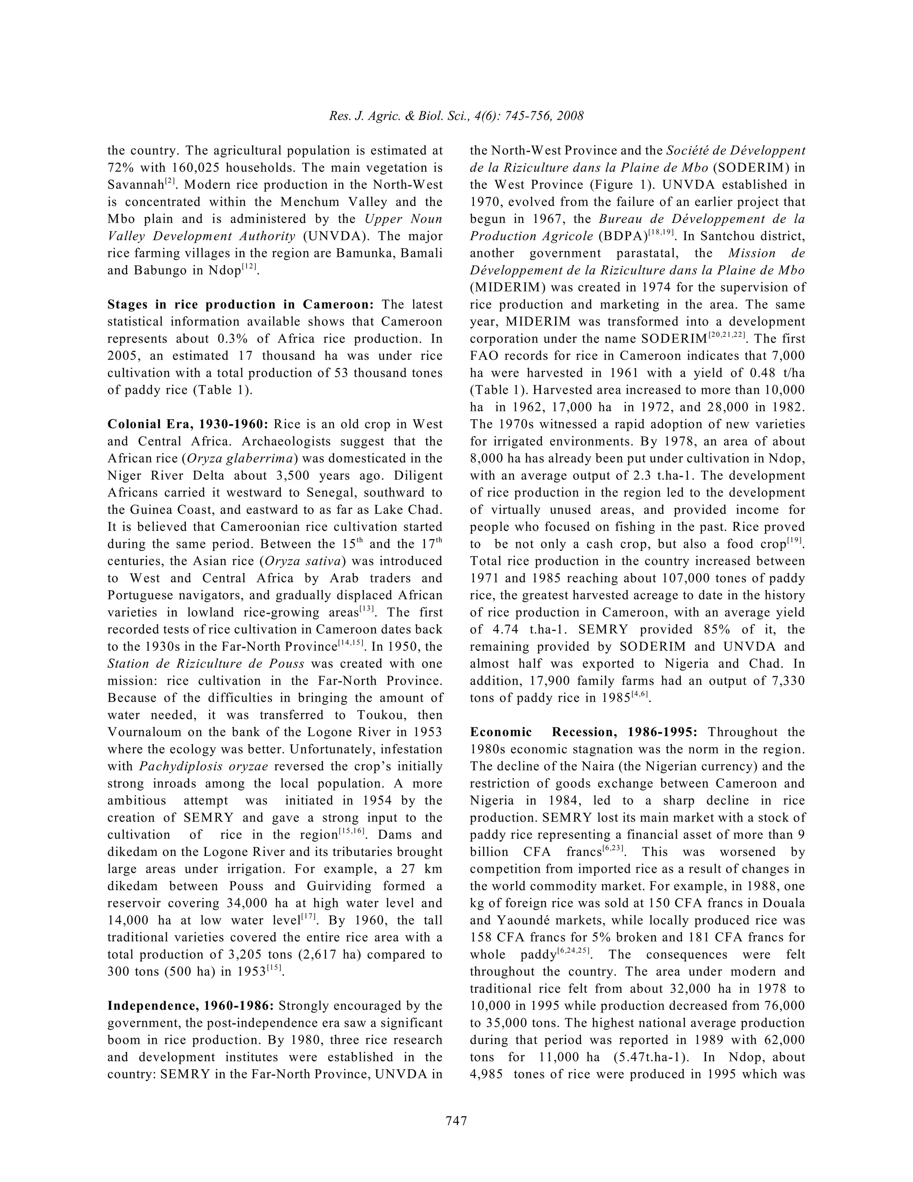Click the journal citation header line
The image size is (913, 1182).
(456, 116)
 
